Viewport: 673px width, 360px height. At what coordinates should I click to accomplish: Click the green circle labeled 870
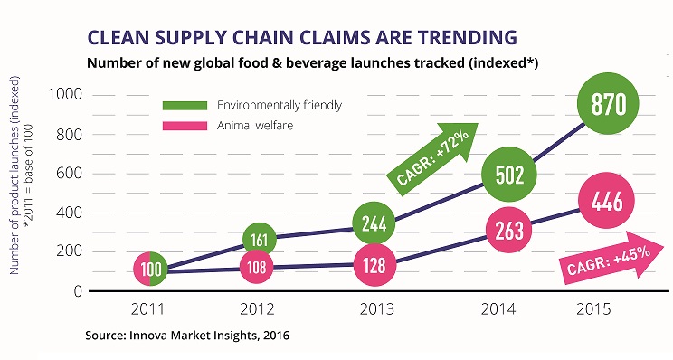click(x=608, y=103)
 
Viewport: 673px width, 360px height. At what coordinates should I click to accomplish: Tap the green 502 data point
click(x=509, y=175)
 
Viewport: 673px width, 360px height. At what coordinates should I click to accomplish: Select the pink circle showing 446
click(x=606, y=201)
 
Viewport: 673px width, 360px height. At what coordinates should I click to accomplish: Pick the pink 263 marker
click(x=509, y=230)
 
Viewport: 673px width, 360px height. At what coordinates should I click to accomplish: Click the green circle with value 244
click(x=374, y=223)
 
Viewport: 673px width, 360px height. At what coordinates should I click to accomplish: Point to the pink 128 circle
click(x=374, y=265)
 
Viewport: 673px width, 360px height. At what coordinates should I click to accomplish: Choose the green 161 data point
click(x=260, y=240)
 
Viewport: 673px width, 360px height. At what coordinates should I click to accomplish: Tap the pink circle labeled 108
click(x=257, y=267)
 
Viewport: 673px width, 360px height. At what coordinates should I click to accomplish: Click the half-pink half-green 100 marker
click(x=150, y=269)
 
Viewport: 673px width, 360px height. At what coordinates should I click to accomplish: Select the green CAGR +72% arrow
click(x=432, y=159)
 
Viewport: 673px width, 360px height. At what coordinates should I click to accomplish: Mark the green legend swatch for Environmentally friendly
click(x=185, y=106)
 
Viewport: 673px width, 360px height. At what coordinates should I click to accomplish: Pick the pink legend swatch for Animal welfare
click(x=185, y=126)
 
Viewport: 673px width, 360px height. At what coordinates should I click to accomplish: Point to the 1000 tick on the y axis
click(x=65, y=94)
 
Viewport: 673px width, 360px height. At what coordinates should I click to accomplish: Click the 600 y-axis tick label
click(x=69, y=174)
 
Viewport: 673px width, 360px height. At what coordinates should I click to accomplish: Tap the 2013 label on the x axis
click(x=377, y=309)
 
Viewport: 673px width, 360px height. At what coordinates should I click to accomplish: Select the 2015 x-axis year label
click(x=593, y=309)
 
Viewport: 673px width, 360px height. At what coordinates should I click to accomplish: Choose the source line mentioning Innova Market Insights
click(x=187, y=335)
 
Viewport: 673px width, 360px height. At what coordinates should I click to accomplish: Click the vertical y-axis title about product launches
click(x=21, y=175)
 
